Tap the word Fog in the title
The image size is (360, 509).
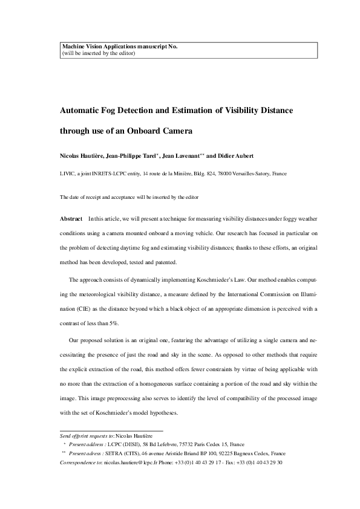118,111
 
